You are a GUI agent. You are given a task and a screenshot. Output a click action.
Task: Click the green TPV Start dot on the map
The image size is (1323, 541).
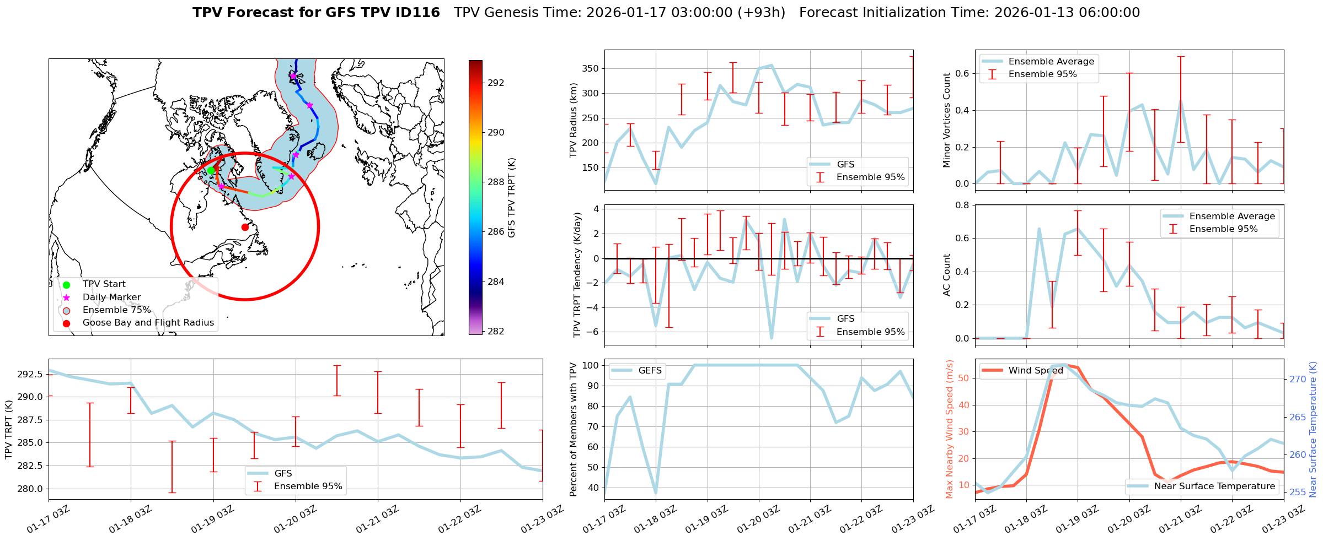(x=211, y=170)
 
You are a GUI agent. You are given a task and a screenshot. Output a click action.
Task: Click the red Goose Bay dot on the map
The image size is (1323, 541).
(x=245, y=227)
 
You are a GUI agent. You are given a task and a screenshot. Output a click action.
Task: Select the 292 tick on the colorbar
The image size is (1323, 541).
(x=496, y=83)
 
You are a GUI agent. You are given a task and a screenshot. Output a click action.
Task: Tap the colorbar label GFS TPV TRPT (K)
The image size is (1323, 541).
(x=512, y=197)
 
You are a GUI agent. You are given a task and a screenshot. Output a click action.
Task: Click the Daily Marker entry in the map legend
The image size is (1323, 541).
(x=111, y=297)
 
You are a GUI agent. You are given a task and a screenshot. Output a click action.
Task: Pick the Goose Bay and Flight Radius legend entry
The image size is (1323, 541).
(x=148, y=323)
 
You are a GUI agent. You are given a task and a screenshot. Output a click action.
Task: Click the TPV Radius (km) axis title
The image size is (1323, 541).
(x=574, y=120)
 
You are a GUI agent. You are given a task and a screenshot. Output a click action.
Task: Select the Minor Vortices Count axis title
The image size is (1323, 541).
(x=946, y=120)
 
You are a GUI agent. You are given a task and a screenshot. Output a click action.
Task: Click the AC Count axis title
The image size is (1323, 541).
(x=946, y=274)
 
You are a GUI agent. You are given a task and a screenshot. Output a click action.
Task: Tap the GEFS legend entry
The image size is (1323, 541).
(x=650, y=371)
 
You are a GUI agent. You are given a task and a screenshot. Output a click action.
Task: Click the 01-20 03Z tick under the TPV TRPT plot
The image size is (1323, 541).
(x=296, y=519)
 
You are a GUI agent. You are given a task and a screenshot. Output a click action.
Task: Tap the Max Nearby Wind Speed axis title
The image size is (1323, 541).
(x=950, y=429)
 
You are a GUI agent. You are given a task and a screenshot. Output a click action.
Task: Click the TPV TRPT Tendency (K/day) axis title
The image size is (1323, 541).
(x=577, y=274)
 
